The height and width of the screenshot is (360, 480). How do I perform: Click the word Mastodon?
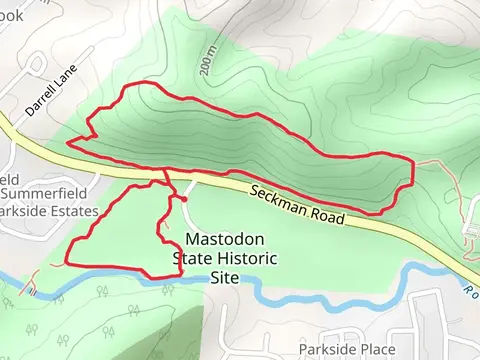224,239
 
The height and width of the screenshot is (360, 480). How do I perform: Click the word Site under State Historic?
223,275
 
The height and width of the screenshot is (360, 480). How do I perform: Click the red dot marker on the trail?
183,200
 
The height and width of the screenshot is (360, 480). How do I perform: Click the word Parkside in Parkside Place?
328,348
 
